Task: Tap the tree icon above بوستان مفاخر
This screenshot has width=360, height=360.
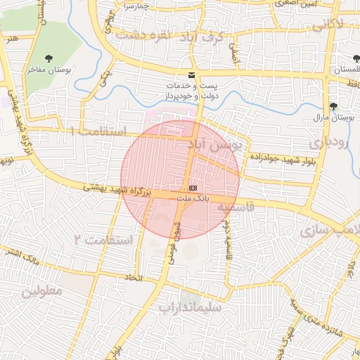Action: point(48,60)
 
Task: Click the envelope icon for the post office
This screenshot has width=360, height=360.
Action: point(191,75)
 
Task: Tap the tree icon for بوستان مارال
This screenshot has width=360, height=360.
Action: point(333,107)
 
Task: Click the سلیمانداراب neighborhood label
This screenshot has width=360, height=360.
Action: point(190,307)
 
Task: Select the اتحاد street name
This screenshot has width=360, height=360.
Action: point(134,278)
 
